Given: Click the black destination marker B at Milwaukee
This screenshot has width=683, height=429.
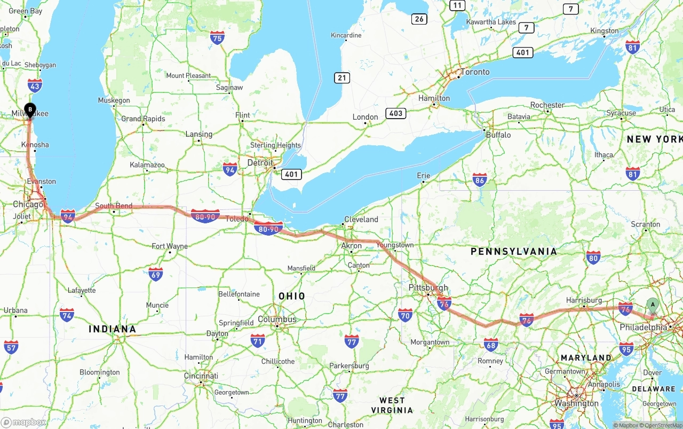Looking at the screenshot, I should tap(30, 110).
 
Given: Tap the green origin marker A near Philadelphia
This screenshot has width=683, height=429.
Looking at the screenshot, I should tap(652, 306).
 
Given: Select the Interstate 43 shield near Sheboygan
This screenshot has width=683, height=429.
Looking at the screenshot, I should tap(35, 85).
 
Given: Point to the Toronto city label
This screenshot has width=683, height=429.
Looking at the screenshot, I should tap(474, 72).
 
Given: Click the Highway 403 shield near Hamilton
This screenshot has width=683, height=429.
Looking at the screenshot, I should tap(396, 113).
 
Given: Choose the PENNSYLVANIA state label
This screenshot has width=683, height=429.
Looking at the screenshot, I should tap(513, 251).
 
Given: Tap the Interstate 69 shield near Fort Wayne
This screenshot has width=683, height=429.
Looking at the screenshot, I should tap(155, 275).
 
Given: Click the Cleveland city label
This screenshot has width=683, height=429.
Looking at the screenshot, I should tap(361, 220).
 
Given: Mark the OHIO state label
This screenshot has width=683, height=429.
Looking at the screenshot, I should tap(292, 296).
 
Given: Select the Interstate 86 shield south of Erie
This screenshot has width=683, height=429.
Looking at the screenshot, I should tap(480, 181).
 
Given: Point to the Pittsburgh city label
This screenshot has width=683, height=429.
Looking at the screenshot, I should tap(428, 287).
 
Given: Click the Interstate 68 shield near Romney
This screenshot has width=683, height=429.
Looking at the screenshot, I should tap(491, 345).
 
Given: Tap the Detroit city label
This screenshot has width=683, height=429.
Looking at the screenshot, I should tap(260, 163).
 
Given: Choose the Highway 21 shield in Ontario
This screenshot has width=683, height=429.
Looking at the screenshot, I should tap(342, 78).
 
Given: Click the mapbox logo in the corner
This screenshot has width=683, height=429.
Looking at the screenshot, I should tap(24, 422).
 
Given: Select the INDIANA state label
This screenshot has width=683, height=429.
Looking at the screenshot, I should tap(112, 329).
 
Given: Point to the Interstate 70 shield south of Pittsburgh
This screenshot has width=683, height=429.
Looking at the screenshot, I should tap(405, 315).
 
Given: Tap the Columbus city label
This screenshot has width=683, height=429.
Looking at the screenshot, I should tap(277, 319).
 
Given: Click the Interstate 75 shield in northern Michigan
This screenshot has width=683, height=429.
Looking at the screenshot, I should tap(217, 37).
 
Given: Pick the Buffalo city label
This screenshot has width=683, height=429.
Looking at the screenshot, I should tap(498, 135).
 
